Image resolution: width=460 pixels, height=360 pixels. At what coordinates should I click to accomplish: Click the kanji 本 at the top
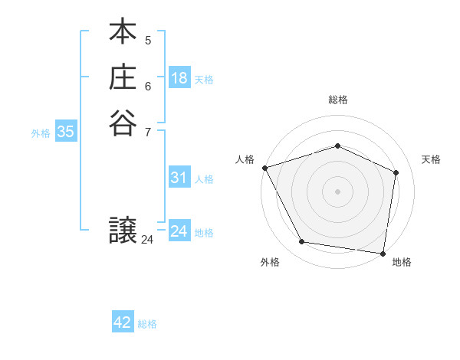tap(123, 34)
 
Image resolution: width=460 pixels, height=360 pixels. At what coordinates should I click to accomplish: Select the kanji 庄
tap(123, 78)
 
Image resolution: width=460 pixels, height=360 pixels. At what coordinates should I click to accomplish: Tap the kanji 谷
tap(123, 123)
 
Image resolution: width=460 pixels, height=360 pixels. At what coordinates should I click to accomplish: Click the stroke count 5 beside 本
tap(148, 40)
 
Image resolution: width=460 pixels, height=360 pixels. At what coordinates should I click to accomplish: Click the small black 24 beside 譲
tap(147, 240)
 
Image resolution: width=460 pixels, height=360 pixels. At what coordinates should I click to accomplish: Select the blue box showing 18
tap(179, 77)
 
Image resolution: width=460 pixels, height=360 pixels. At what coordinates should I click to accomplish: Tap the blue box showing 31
tap(179, 178)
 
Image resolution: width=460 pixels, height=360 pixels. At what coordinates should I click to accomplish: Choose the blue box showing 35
tap(65, 132)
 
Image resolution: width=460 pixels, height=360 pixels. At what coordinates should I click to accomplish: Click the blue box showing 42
tap(123, 322)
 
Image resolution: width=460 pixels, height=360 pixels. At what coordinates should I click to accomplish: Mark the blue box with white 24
tap(179, 231)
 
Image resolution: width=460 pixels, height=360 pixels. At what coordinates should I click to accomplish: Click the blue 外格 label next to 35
tap(41, 133)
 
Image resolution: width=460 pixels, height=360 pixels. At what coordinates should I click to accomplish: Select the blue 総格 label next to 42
tap(147, 324)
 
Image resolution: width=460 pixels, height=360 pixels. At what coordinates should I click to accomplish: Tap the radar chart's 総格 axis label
tap(337, 100)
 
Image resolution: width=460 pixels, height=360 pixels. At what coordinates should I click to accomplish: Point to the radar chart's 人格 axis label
tap(245, 159)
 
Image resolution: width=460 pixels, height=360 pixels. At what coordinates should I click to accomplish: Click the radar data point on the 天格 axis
tap(396, 172)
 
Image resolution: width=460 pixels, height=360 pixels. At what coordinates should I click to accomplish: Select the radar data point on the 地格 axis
tap(383, 253)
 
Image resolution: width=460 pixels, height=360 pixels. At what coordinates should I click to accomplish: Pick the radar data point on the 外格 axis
tap(302, 242)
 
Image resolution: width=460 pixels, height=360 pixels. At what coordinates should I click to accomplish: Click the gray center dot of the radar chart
tap(337, 191)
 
